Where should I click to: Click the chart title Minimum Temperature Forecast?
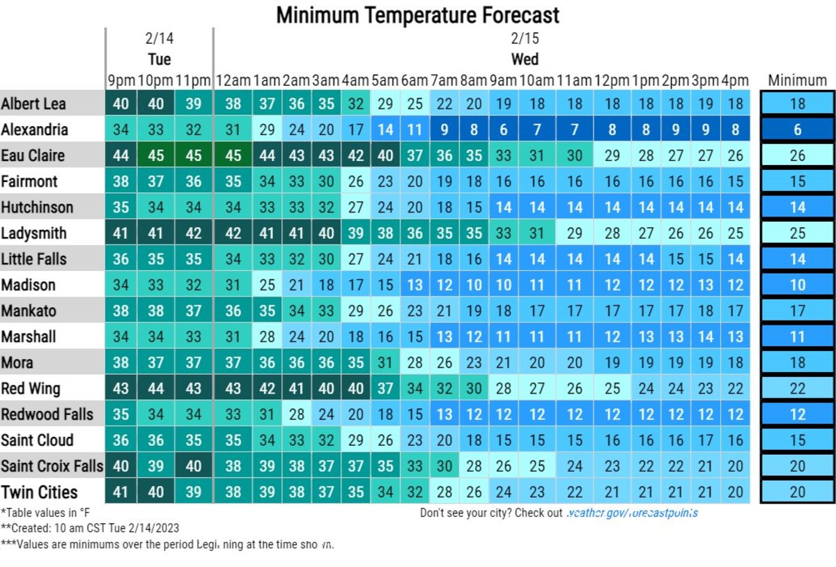pyautogui.click(x=417, y=15)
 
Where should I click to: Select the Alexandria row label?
pyautogui.click(x=34, y=130)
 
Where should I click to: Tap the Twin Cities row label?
pyautogui.click(x=39, y=492)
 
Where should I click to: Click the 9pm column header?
pyautogui.click(x=121, y=81)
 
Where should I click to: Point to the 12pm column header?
pyautogui.click(x=612, y=81)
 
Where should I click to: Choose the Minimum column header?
pyautogui.click(x=797, y=81)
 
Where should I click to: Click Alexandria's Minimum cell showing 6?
pyautogui.click(x=797, y=130)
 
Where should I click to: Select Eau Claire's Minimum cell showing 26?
pyautogui.click(x=797, y=155)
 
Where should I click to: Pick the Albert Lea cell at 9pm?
pyautogui.click(x=121, y=104)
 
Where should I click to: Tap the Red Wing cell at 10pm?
pyautogui.click(x=156, y=388)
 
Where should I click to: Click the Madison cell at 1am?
pyautogui.click(x=268, y=285)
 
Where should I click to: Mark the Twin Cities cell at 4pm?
pyautogui.click(x=735, y=492)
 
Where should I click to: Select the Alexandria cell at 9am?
pyautogui.click(x=504, y=130)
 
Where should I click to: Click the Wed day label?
pyautogui.click(x=525, y=59)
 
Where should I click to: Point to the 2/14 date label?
pyautogui.click(x=159, y=38)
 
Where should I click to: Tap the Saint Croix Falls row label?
pyautogui.click(x=52, y=466)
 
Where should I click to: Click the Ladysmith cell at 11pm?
pyautogui.click(x=193, y=233)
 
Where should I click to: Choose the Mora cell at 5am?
pyautogui.click(x=385, y=362)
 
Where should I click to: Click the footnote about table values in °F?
pyautogui.click(x=45, y=513)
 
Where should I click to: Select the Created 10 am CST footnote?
pyautogui.click(x=89, y=528)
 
